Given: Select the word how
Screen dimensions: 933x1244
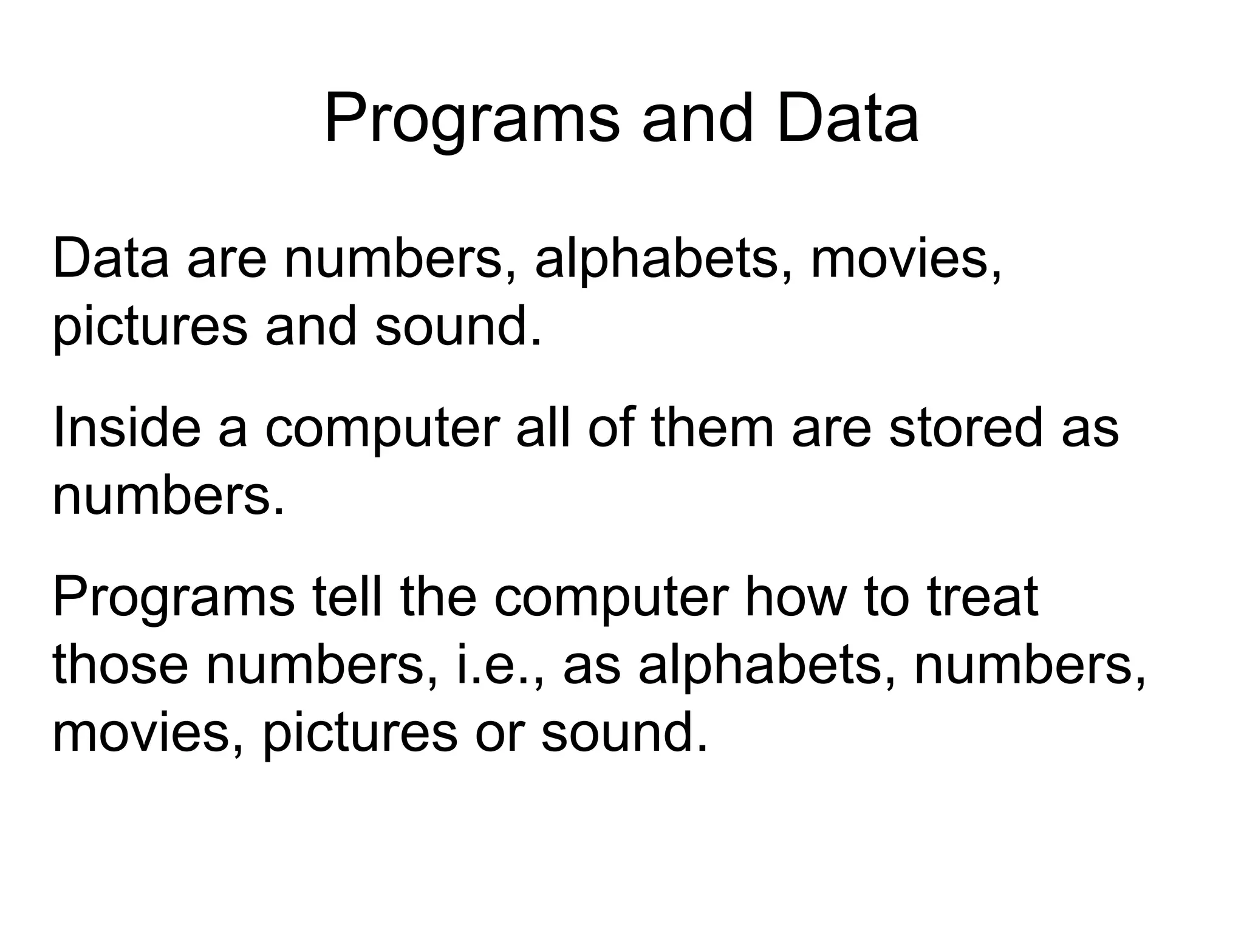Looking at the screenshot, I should tap(795, 597).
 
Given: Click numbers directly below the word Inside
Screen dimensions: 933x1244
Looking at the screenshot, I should tap(168, 496).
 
